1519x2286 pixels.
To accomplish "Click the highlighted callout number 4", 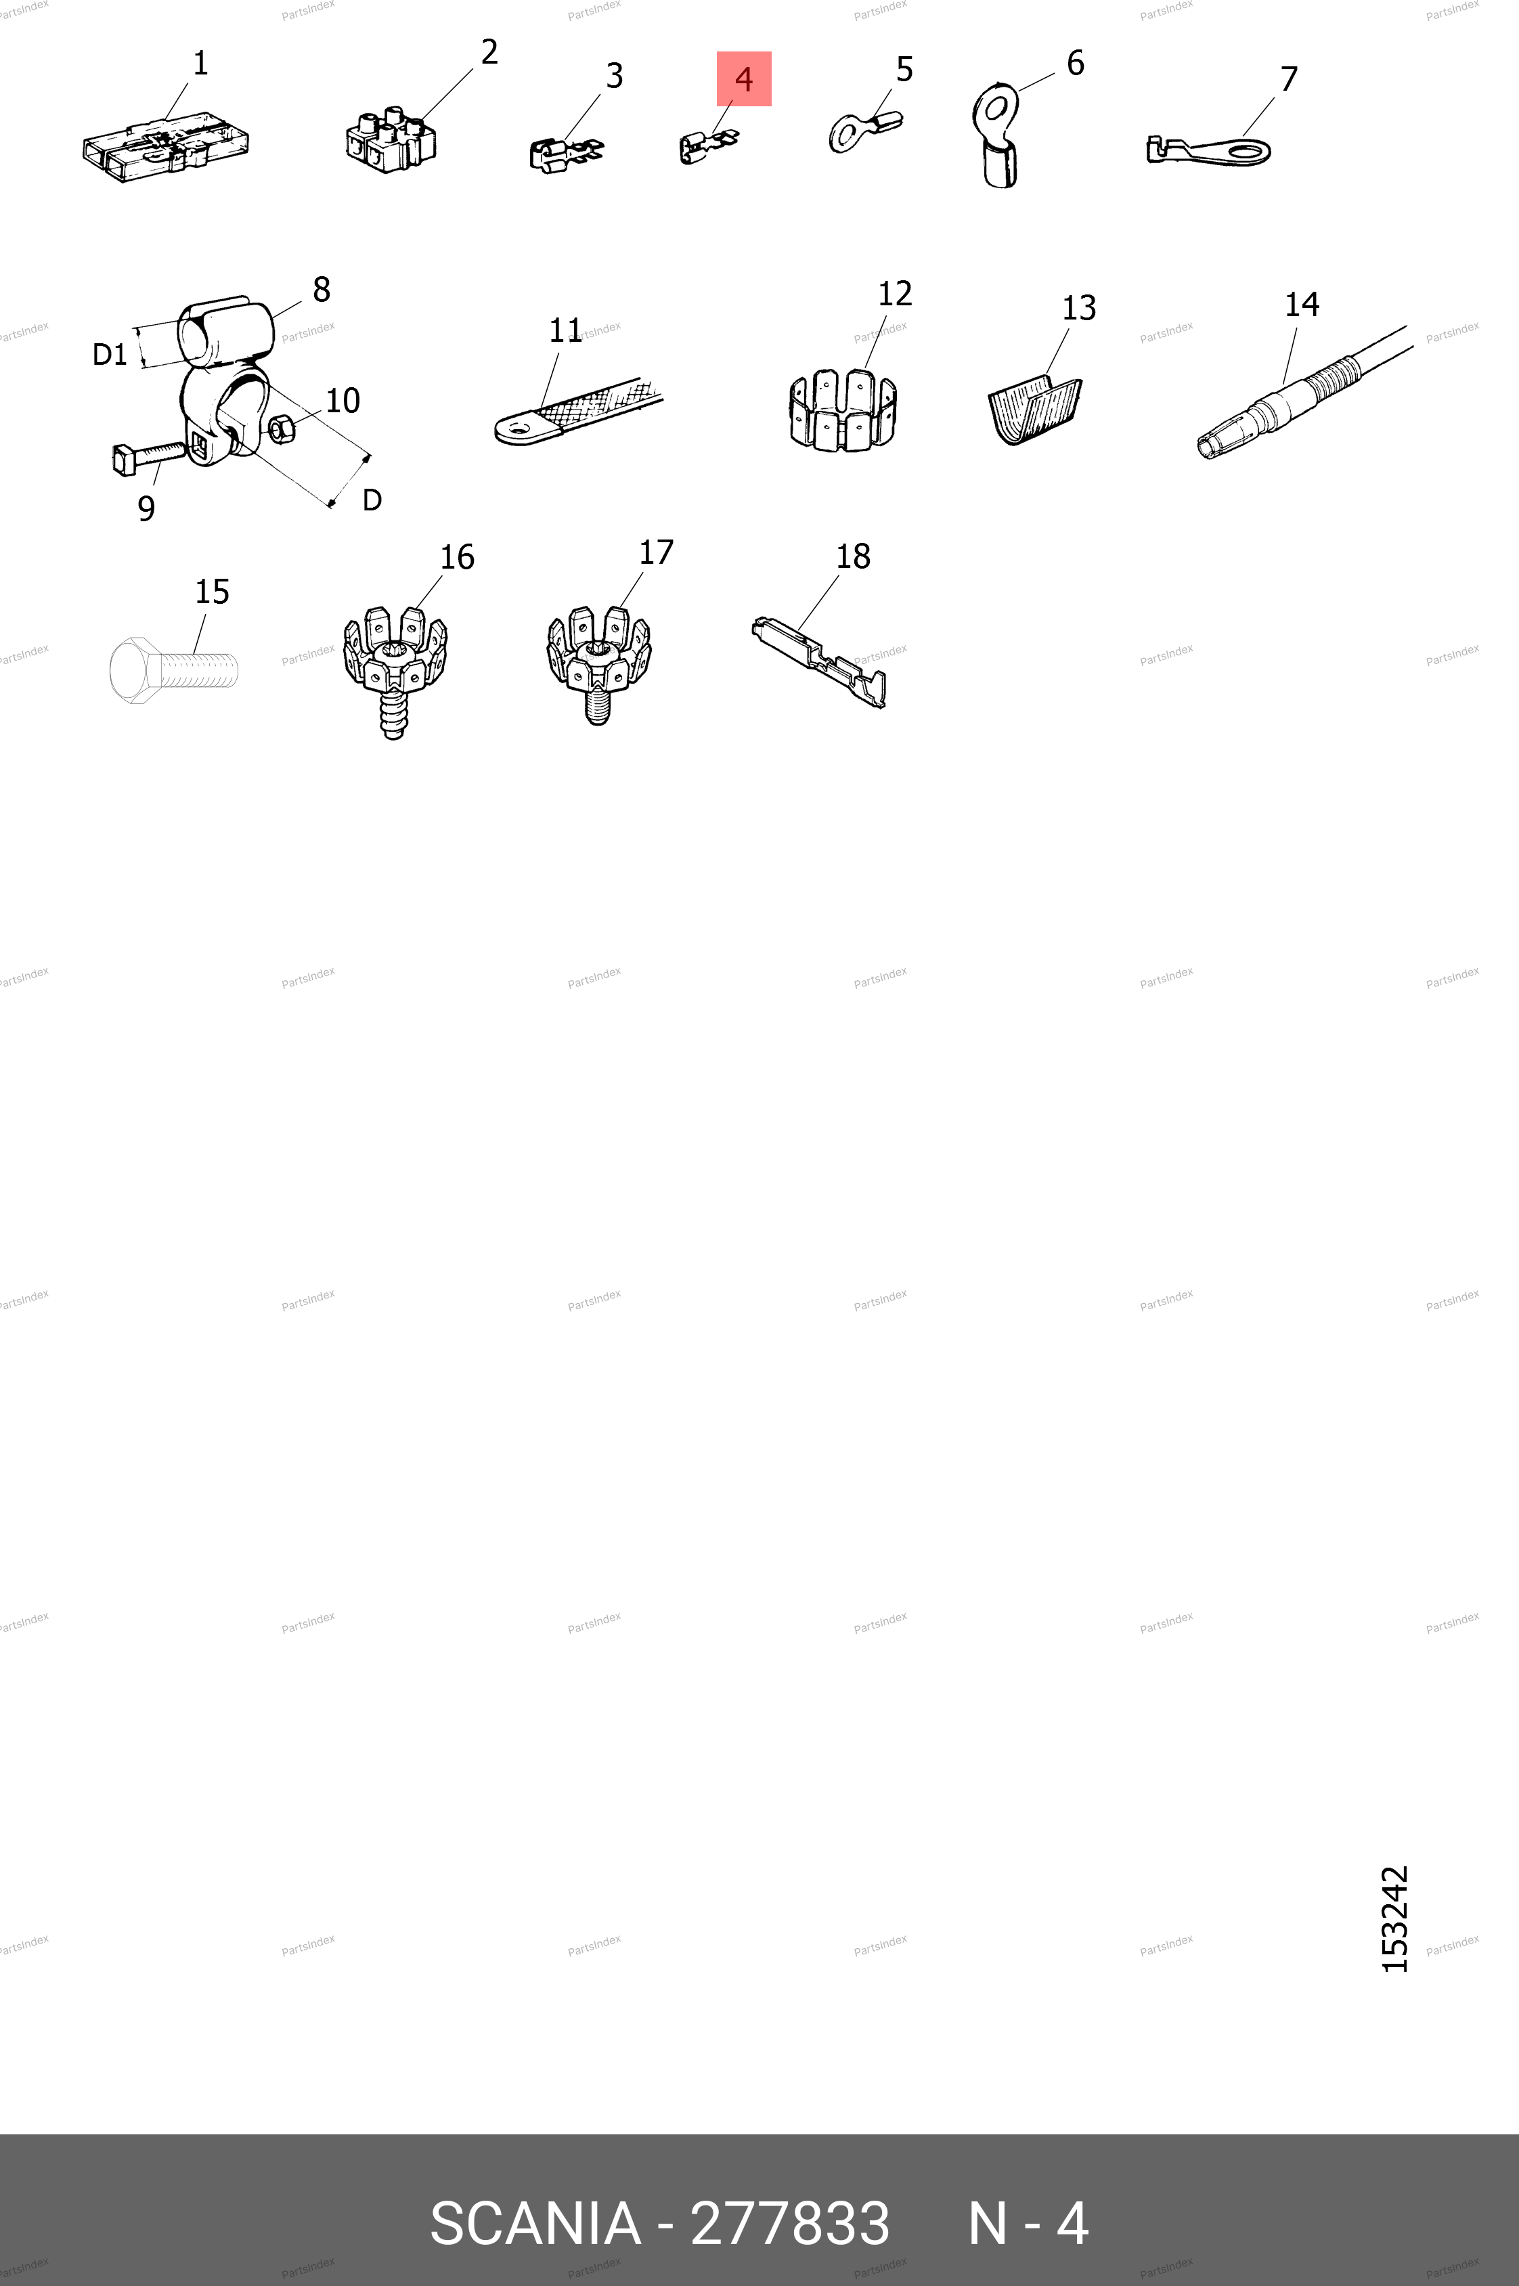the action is [x=744, y=79].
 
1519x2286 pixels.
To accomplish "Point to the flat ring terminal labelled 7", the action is [x=1209, y=151].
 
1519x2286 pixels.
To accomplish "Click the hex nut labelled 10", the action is [x=281, y=427].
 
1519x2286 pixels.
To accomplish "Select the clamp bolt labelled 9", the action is [x=148, y=457].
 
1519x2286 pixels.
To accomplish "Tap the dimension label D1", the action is [x=110, y=355].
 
